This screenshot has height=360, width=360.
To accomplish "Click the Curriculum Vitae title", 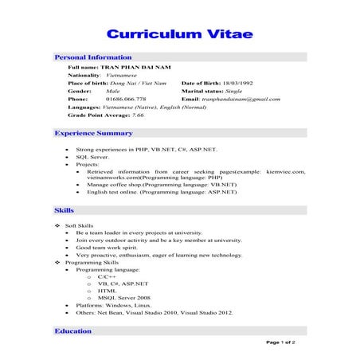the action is (x=180, y=36).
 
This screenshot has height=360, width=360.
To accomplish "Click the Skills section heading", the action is (x=64, y=210).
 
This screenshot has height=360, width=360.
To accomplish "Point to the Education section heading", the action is (x=72, y=331).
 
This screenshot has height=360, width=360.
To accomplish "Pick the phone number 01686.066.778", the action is (x=127, y=99).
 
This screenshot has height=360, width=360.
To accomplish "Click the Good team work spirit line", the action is (x=106, y=247).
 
